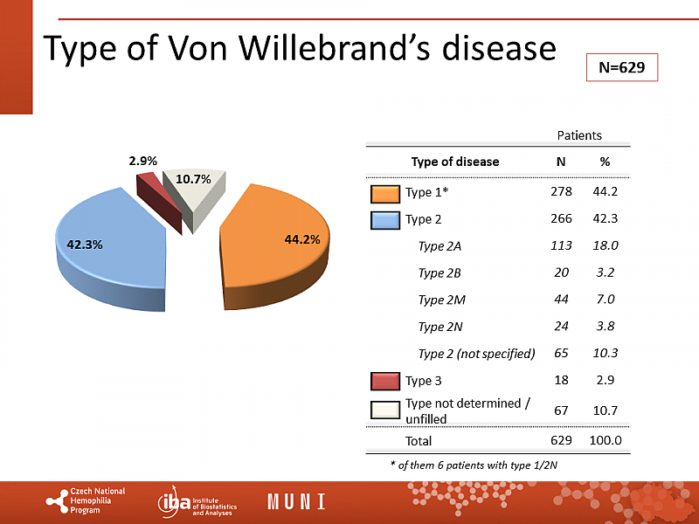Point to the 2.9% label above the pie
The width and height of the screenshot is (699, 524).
tap(142, 161)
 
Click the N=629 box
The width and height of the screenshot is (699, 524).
tap(621, 67)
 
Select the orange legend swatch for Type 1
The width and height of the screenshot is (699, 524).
tap(384, 192)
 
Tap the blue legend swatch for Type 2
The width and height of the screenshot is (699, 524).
tap(384, 219)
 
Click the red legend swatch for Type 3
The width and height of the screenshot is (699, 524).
tap(384, 381)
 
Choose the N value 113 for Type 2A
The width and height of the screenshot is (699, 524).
tap(561, 246)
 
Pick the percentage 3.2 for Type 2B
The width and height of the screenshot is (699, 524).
tap(605, 273)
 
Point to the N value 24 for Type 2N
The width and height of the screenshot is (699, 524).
tap(561, 327)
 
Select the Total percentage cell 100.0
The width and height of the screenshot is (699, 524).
tap(605, 441)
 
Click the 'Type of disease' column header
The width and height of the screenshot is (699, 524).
tap(455, 162)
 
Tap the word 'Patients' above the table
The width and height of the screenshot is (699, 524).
tap(579, 135)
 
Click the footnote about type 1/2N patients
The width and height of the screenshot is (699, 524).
tap(473, 465)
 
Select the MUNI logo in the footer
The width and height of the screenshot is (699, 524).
tap(296, 502)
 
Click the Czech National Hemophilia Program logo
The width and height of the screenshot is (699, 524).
tap(87, 501)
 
